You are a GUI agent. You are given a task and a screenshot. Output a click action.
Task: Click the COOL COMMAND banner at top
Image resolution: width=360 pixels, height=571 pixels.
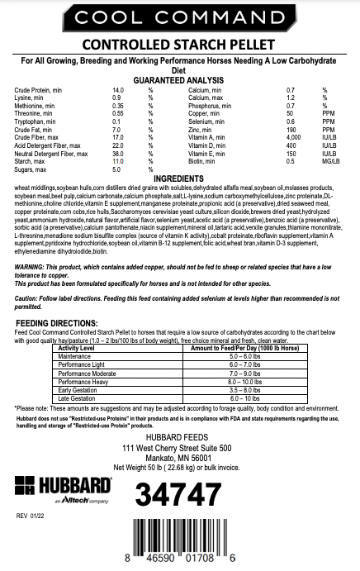[179, 17]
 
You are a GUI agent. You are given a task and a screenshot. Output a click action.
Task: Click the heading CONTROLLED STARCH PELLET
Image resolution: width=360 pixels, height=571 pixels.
[179, 45]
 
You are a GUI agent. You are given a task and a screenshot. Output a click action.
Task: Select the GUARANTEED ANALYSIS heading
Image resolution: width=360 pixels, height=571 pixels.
[179, 79]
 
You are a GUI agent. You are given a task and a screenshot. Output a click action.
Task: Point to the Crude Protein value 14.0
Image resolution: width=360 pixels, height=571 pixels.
[117, 88]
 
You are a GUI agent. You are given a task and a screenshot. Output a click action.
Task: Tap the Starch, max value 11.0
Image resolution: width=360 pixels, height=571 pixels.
[117, 137]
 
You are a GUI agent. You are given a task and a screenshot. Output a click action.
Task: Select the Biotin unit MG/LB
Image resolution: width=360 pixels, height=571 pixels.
[329, 137]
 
